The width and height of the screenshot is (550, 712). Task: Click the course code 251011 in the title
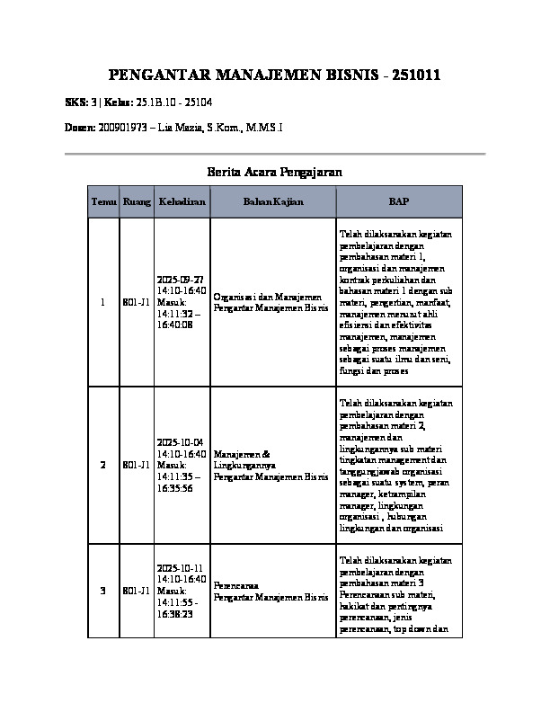411,76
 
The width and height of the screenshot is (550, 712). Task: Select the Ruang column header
137,202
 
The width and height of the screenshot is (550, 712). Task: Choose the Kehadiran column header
182,202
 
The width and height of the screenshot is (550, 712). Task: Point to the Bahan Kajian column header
273,202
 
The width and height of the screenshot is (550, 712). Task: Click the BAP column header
397,202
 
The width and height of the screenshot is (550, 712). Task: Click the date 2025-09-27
181,280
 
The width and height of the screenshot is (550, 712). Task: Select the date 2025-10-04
181,443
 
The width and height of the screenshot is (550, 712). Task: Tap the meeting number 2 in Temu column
103,465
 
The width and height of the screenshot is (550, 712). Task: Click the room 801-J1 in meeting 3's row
136,591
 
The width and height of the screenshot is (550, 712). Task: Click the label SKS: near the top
77,103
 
